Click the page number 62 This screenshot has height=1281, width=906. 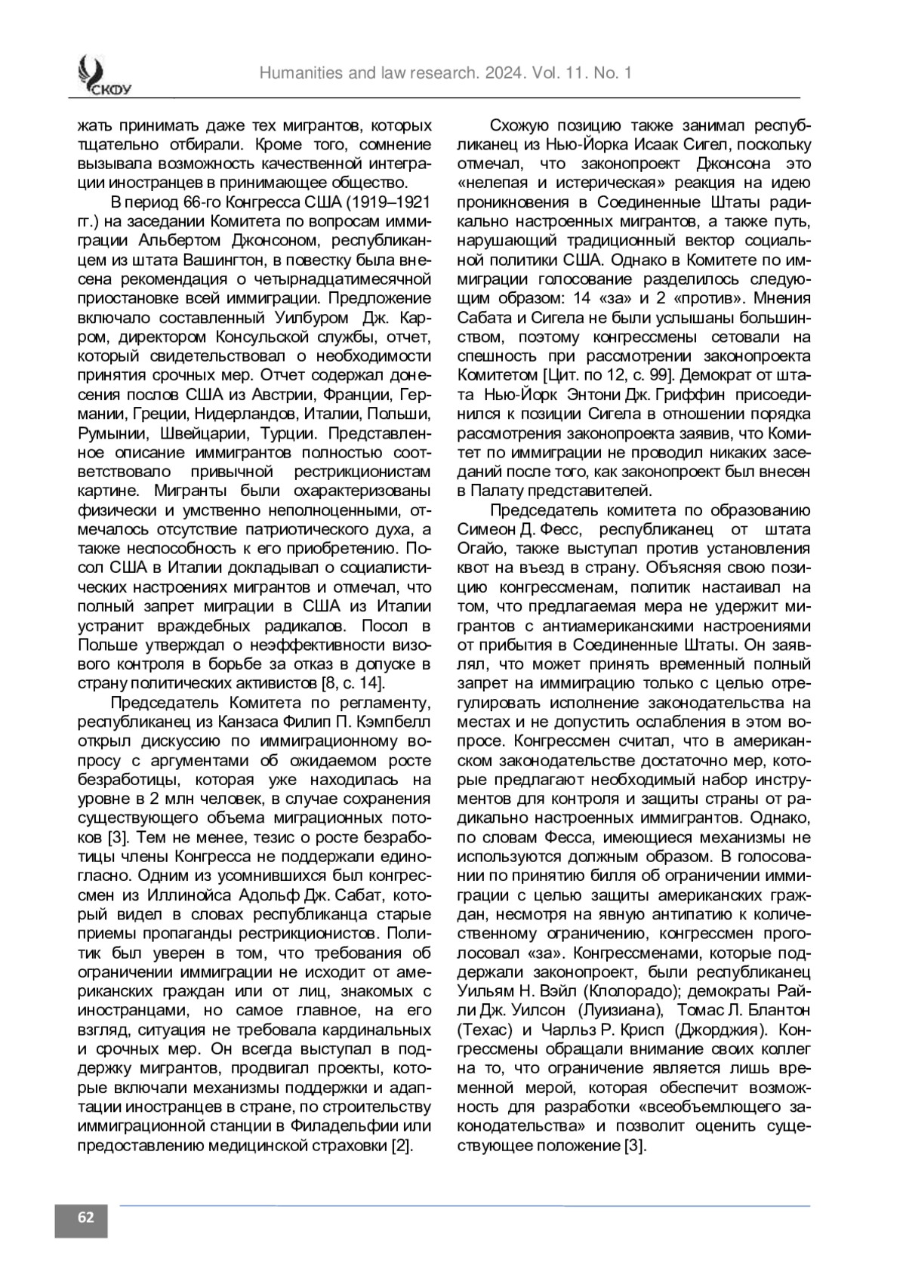coord(81,1217)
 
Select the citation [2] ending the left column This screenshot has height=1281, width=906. coord(402,1144)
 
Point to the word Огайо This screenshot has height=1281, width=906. coord(480,548)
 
